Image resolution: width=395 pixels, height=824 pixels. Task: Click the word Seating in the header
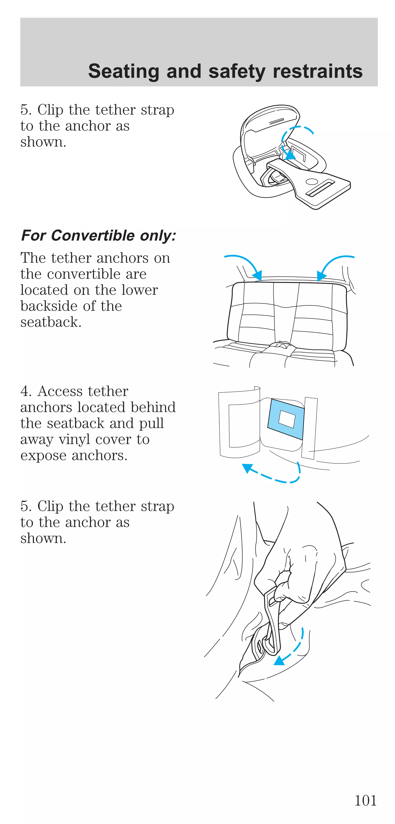coord(123,71)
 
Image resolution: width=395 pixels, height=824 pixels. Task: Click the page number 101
coord(365,800)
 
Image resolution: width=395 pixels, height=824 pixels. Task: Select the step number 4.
coord(25,391)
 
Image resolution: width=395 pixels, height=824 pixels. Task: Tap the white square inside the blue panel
coord(287,418)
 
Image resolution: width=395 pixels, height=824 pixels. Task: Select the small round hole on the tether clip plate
coord(311,181)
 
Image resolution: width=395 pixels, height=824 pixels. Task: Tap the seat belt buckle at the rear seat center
coord(279,345)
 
